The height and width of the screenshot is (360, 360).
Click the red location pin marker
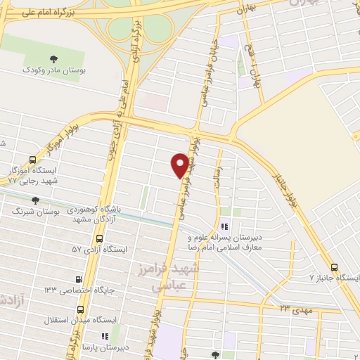[x=180, y=165]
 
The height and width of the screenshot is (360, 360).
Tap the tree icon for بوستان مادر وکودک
[x=54, y=58]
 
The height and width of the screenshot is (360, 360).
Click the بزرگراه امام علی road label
[x=46, y=12]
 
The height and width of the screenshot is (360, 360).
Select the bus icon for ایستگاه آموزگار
[x=32, y=160]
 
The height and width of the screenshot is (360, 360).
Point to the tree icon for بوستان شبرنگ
[x=35, y=200]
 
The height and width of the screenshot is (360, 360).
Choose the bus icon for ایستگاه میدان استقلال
[x=81, y=309]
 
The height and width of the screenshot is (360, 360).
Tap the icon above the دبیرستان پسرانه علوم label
[x=224, y=226]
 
